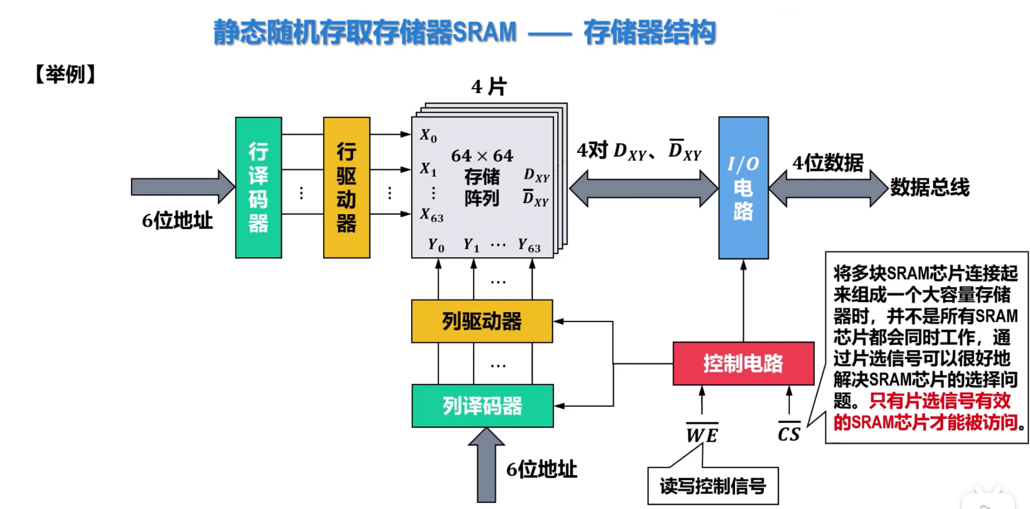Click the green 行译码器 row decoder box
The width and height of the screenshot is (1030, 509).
click(258, 188)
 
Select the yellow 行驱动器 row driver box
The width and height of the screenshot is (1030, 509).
click(346, 188)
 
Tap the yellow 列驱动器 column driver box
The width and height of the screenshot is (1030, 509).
click(482, 321)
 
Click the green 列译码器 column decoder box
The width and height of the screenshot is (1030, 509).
click(482, 406)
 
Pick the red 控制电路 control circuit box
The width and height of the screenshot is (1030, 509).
click(743, 364)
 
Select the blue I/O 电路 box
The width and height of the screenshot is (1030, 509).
click(743, 188)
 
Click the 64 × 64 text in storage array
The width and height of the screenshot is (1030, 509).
click(482, 156)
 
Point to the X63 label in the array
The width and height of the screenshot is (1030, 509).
click(431, 215)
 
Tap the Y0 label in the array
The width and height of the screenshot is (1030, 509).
click(436, 245)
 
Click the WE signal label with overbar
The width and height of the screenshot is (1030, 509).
click(702, 435)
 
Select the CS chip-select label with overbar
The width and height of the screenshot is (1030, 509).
click(789, 433)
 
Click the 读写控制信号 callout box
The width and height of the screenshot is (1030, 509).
click(713, 486)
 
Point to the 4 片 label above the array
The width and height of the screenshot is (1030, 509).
click(489, 87)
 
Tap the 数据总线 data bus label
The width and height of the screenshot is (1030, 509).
click(929, 188)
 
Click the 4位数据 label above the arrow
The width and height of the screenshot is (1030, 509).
click(827, 163)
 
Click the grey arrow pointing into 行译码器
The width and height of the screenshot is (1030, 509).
click(181, 187)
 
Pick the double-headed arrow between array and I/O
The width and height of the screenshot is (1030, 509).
click(643, 189)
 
